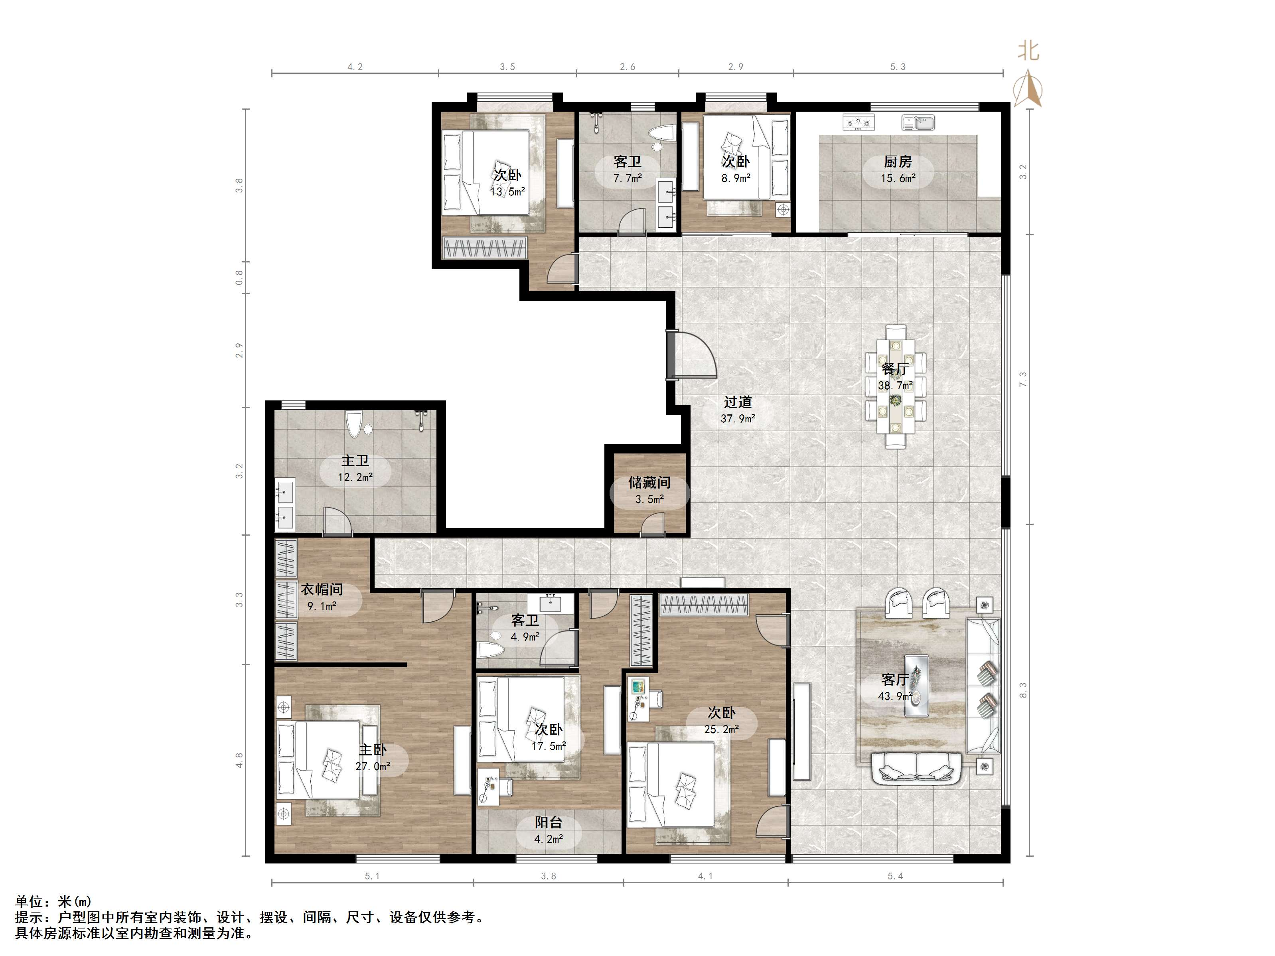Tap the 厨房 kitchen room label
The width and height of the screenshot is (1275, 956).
pyautogui.click(x=898, y=162)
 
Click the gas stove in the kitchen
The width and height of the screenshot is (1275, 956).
pyautogui.click(x=858, y=122)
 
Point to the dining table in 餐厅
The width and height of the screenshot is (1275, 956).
pyautogui.click(x=895, y=386)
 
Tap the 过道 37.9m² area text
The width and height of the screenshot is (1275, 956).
pyautogui.click(x=738, y=419)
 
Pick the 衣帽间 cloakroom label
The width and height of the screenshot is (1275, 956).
pyautogui.click(x=322, y=589)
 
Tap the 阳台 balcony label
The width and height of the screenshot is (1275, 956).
pyautogui.click(x=548, y=822)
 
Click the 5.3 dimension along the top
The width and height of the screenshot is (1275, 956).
pyautogui.click(x=898, y=67)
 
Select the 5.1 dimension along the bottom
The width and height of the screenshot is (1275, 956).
pyautogui.click(x=372, y=876)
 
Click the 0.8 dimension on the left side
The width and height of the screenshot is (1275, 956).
pyautogui.click(x=239, y=277)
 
